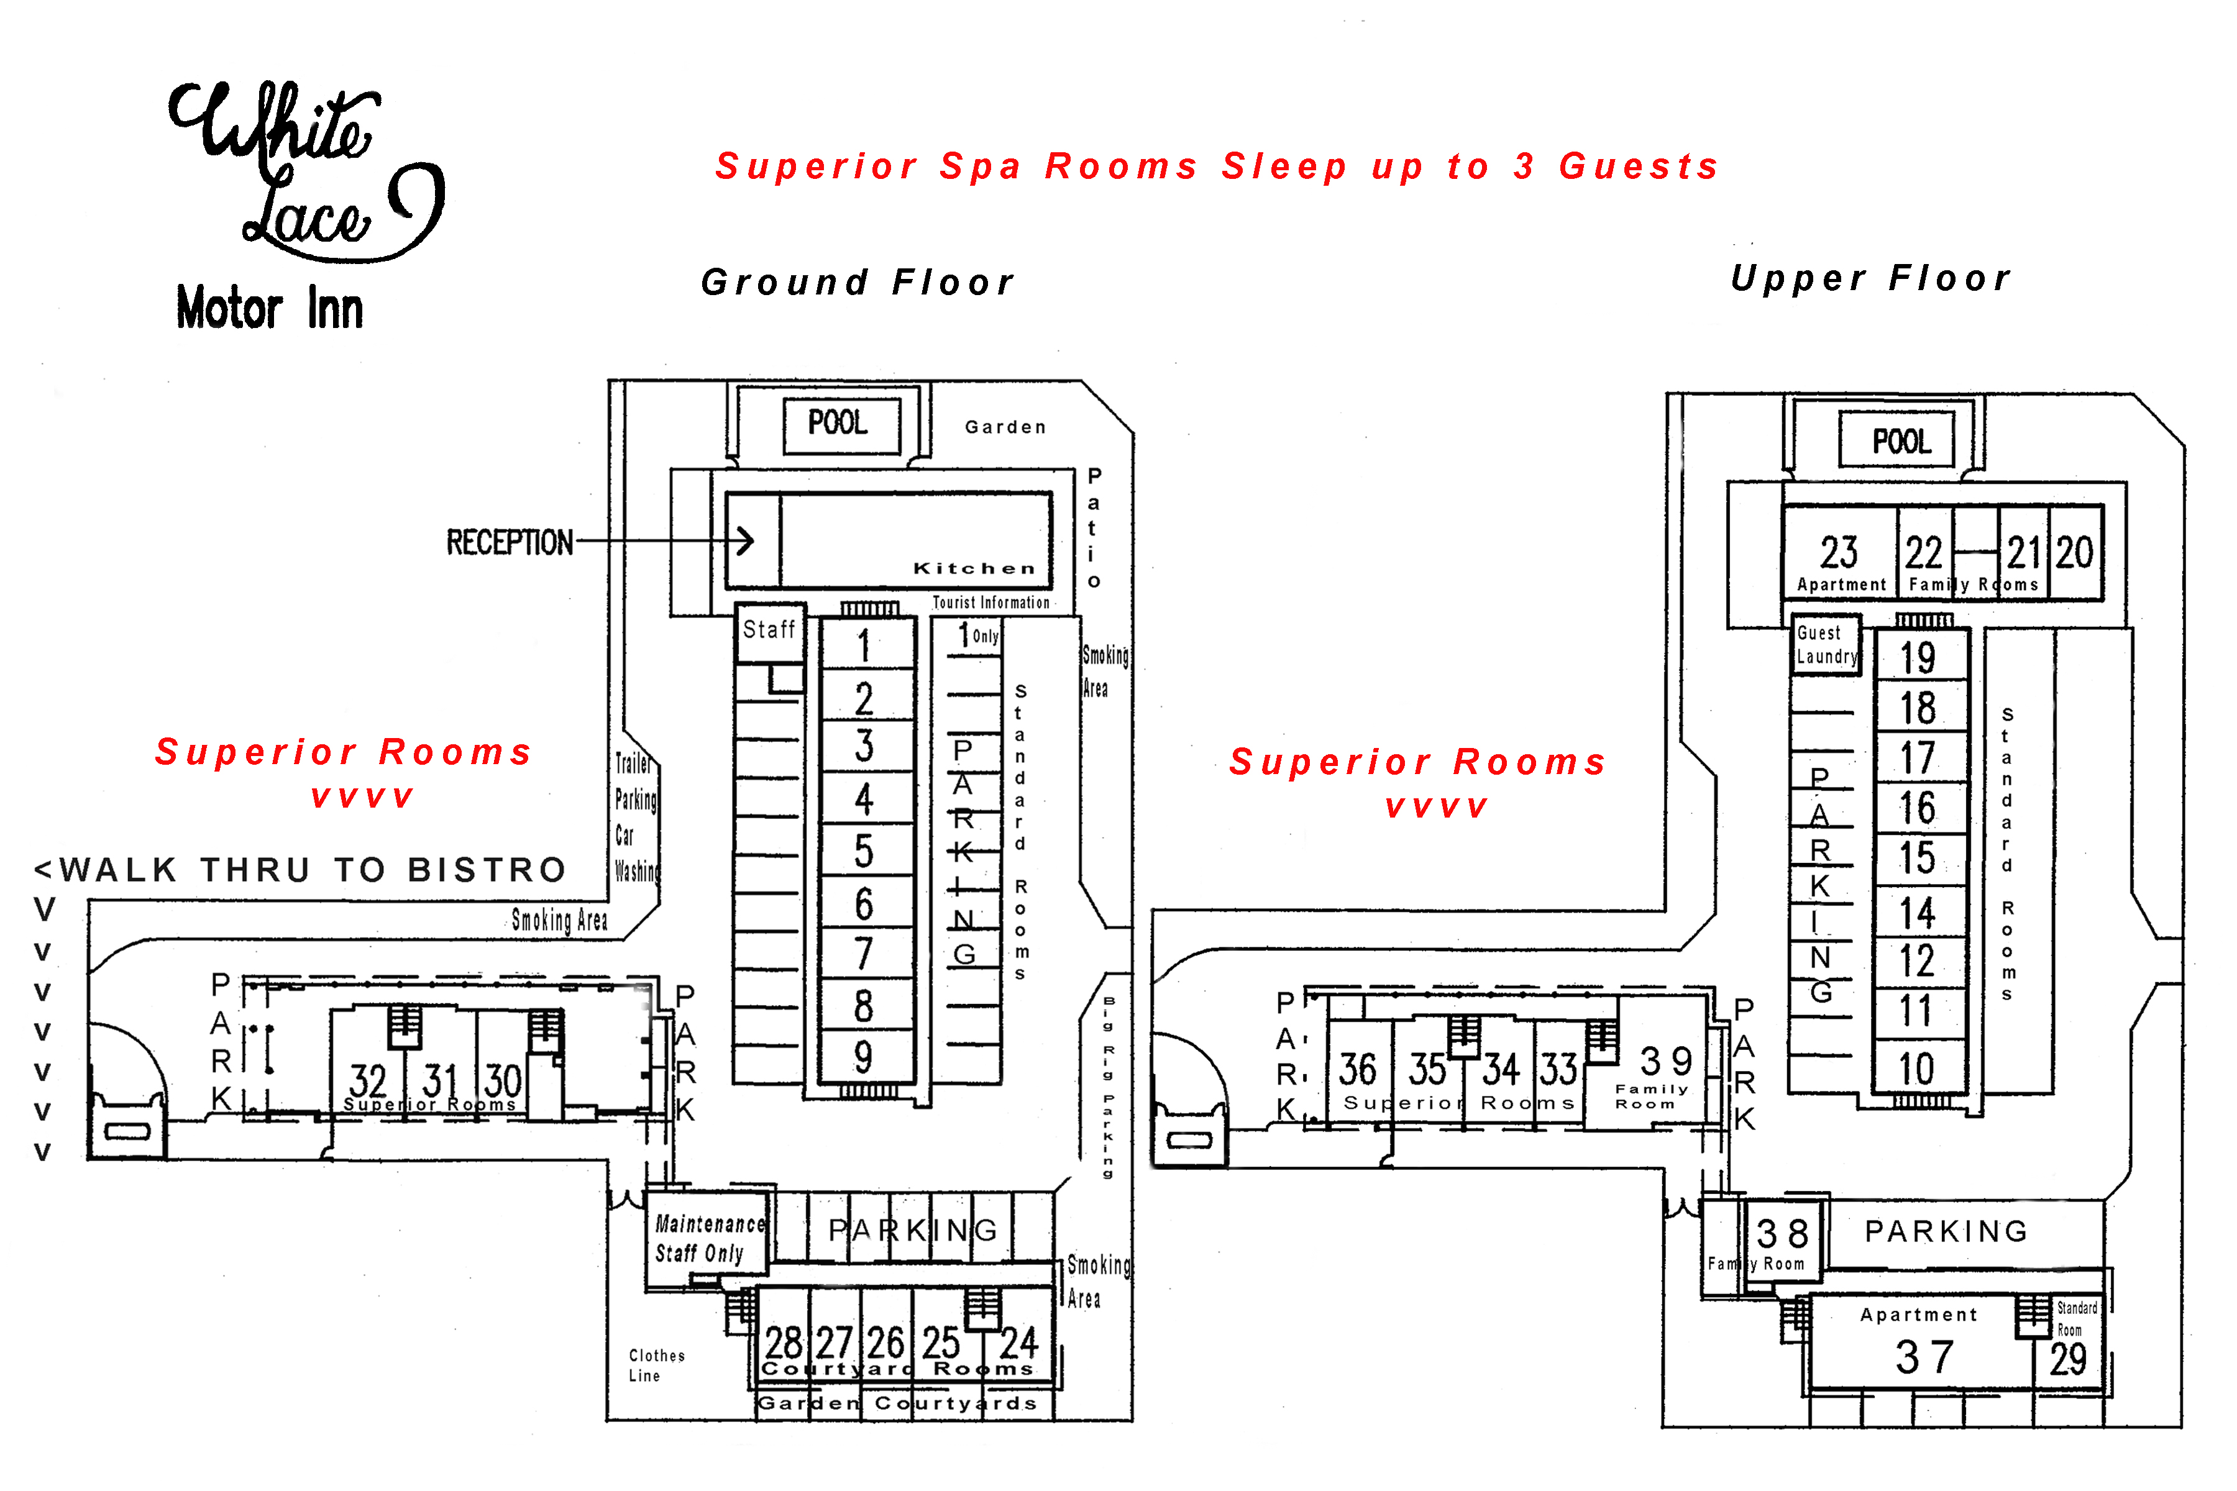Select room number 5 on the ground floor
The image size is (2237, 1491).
point(864,851)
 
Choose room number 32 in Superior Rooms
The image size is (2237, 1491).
point(368,1080)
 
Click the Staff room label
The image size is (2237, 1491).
point(769,629)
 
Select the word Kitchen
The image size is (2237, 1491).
point(974,568)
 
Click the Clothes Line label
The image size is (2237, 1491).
point(656,1364)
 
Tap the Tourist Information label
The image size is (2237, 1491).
point(991,602)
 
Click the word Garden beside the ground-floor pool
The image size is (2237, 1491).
point(1005,427)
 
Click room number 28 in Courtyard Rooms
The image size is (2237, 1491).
point(784,1343)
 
